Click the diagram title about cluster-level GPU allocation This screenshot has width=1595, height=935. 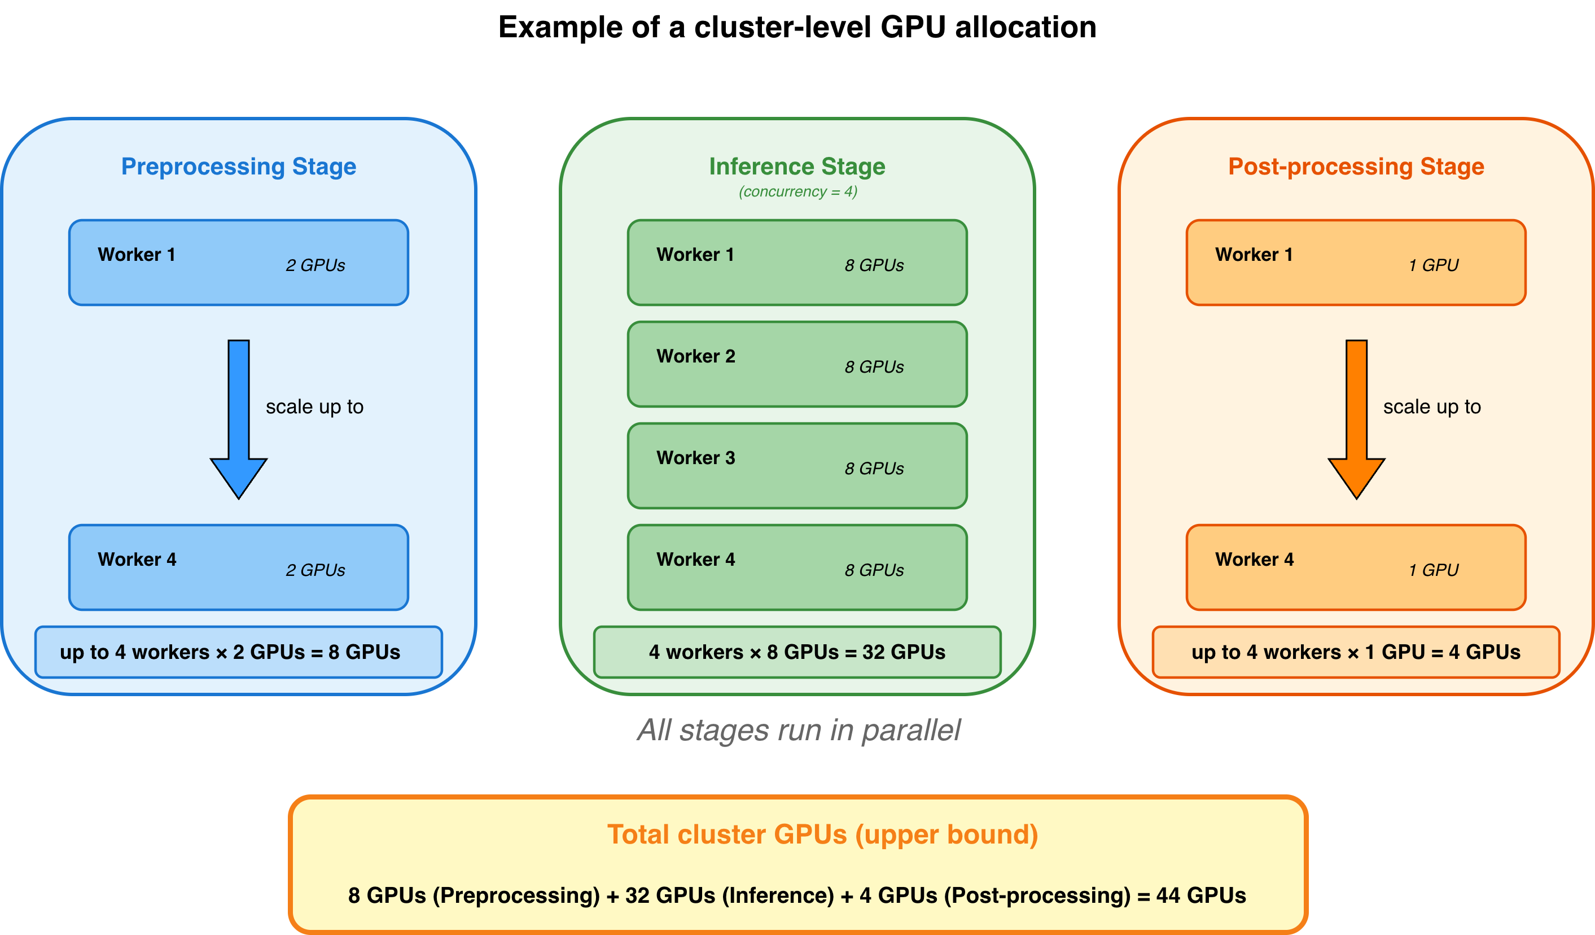pos(797,28)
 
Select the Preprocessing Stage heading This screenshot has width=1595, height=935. pos(239,167)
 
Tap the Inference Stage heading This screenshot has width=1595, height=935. pos(797,167)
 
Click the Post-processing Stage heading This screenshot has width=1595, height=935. pos(1356,167)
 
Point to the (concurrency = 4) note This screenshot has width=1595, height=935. pos(797,192)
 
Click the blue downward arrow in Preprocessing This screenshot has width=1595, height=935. pos(239,418)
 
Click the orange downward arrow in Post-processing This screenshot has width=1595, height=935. pos(1356,418)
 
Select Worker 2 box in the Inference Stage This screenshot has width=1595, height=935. pos(797,365)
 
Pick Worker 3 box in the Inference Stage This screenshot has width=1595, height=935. pos(797,466)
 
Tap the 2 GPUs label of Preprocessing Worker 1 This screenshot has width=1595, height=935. pos(315,265)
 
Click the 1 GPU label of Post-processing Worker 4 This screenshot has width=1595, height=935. pos(1433,570)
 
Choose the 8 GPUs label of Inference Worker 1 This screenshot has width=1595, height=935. pos(874,265)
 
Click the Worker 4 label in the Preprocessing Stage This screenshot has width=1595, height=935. pos(137,560)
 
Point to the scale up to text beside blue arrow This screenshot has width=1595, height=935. pos(314,407)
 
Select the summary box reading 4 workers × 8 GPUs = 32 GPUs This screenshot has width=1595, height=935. pos(797,652)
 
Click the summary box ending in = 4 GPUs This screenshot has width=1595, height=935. pos(1356,652)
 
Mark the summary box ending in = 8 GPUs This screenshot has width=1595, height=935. pos(239,652)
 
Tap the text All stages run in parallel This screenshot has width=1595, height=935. pos(799,731)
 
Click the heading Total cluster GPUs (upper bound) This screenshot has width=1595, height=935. pos(822,834)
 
